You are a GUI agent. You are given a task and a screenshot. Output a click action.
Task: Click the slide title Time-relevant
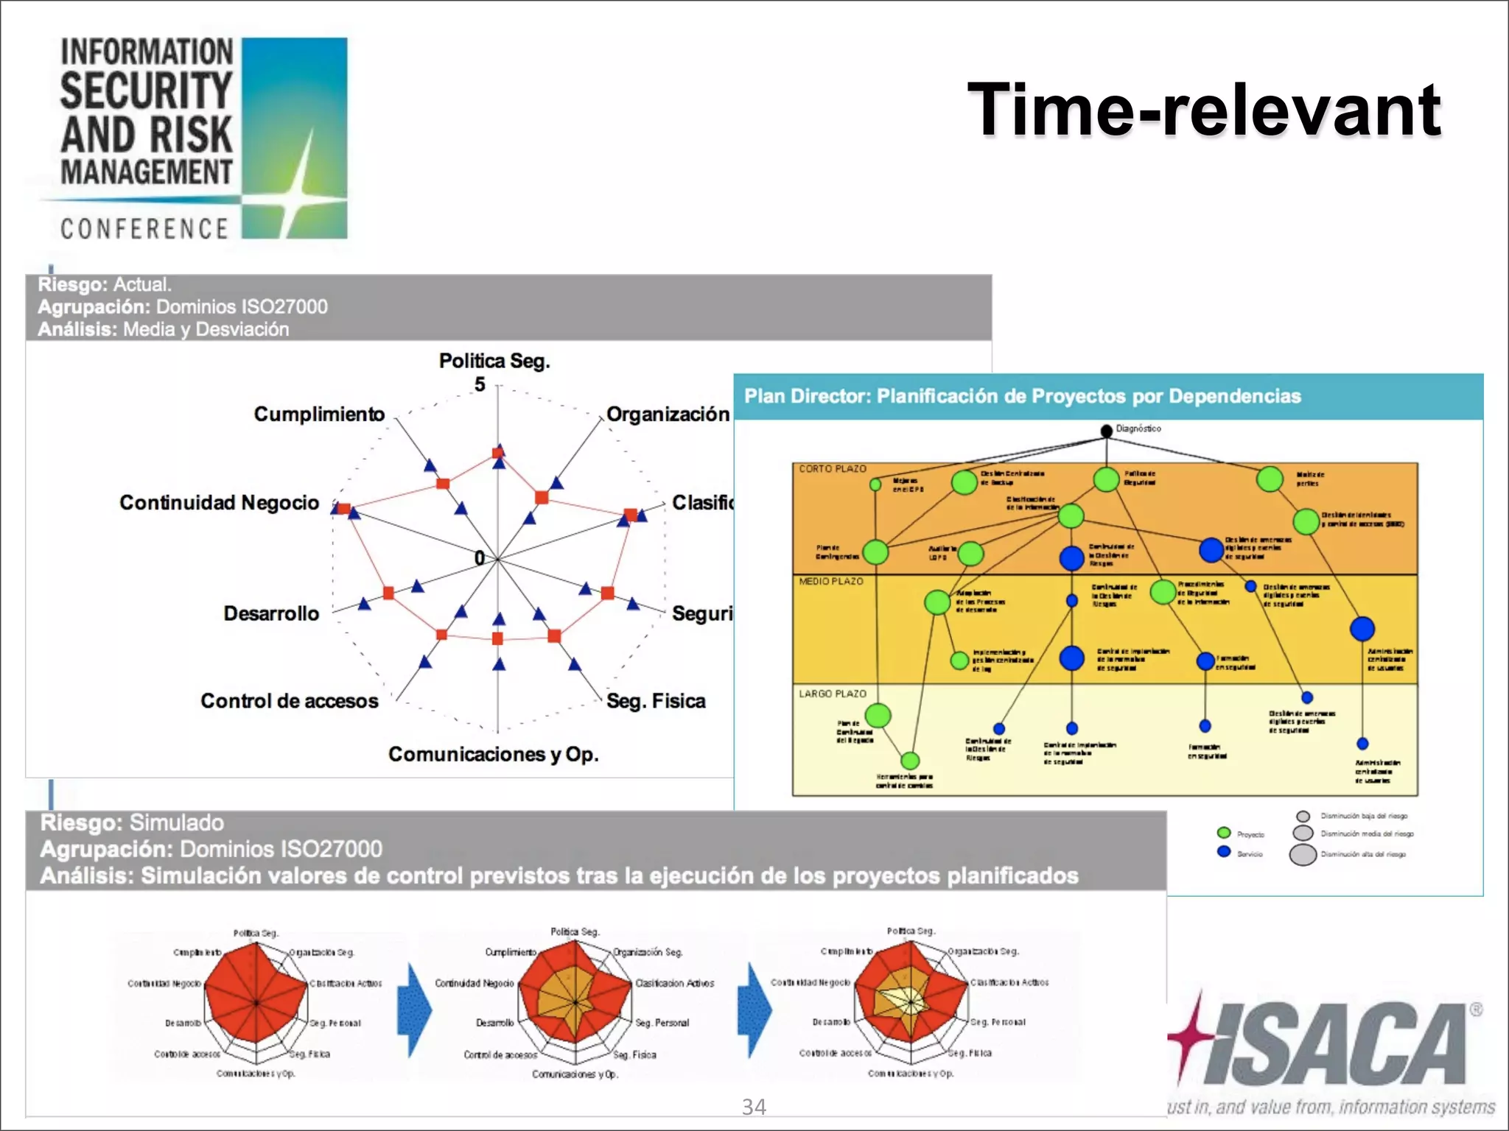click(1203, 110)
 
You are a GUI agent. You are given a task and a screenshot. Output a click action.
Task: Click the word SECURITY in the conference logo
click(146, 91)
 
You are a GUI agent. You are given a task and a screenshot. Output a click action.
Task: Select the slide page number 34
click(754, 1107)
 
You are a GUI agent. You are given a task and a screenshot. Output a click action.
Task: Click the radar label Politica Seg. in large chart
click(494, 361)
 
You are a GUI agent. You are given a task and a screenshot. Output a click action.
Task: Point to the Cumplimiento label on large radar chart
click(319, 414)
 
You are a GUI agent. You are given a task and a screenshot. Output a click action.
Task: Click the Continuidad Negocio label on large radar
click(220, 502)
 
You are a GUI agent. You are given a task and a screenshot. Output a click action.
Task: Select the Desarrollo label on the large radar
click(271, 613)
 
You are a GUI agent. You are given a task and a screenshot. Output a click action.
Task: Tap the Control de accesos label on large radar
click(289, 700)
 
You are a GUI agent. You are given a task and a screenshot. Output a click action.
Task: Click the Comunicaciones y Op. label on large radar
click(493, 754)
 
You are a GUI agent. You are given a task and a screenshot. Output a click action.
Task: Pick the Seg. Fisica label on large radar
click(656, 700)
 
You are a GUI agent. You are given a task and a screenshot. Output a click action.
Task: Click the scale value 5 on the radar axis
click(480, 384)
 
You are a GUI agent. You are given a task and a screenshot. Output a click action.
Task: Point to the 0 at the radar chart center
click(480, 558)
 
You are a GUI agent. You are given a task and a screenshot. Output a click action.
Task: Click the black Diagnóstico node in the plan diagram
click(1106, 431)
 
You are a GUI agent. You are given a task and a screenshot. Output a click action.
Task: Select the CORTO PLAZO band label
click(833, 468)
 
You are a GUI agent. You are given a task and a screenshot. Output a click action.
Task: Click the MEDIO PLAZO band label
click(830, 581)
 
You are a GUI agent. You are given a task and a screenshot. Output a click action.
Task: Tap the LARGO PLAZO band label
click(833, 694)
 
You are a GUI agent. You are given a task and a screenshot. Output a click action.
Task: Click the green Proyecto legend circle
click(1224, 833)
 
